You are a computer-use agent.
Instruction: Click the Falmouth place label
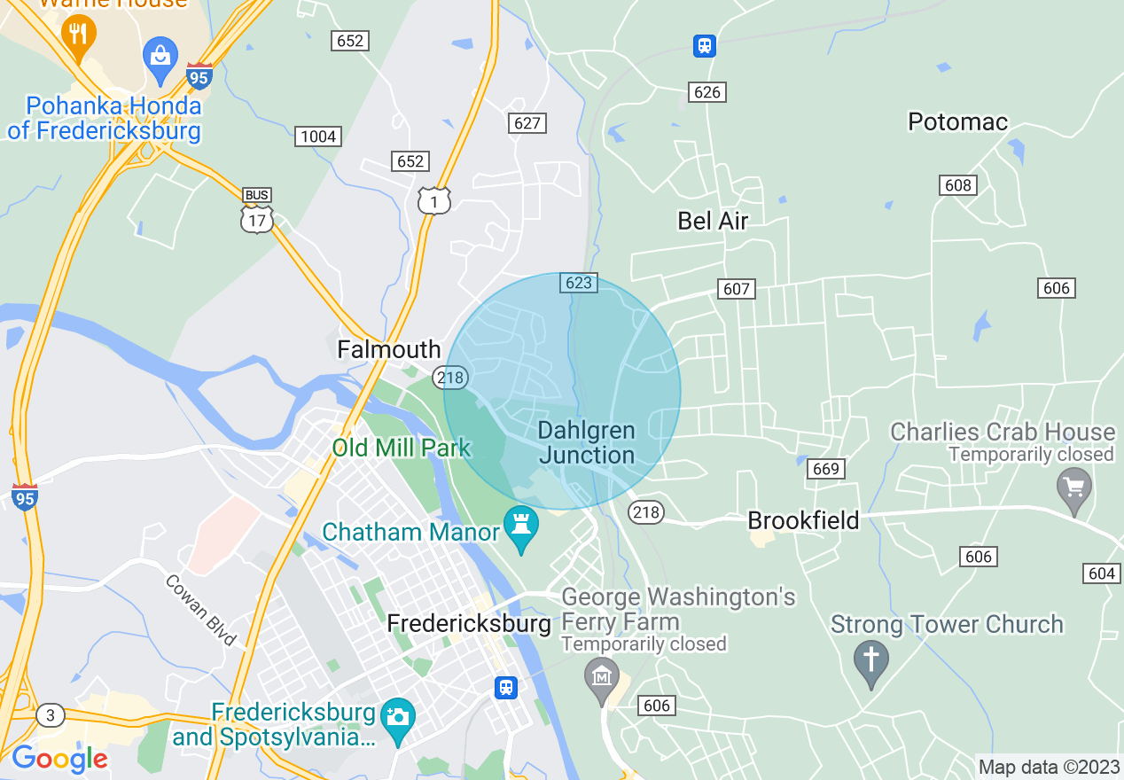(388, 350)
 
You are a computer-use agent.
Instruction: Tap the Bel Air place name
(713, 221)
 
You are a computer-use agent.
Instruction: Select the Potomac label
(957, 121)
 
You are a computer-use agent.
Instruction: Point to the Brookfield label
(803, 520)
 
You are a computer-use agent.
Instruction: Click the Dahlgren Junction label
(587, 443)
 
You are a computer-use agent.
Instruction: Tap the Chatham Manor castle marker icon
(520, 525)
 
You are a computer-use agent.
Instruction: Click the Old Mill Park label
(401, 448)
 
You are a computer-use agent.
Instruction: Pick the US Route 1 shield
(434, 202)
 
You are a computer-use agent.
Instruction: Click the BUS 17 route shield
(257, 213)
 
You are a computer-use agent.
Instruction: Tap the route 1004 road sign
(318, 136)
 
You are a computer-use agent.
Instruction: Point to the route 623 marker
(578, 283)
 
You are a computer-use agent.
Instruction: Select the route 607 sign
(736, 288)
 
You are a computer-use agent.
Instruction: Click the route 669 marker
(825, 469)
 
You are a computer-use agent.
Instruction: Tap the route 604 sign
(1101, 573)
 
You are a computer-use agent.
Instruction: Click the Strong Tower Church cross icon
(870, 660)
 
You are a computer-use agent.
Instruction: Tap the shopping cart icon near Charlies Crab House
(1074, 487)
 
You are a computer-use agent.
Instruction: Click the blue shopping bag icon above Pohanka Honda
(160, 57)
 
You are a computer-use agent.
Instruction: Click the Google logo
(59, 759)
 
